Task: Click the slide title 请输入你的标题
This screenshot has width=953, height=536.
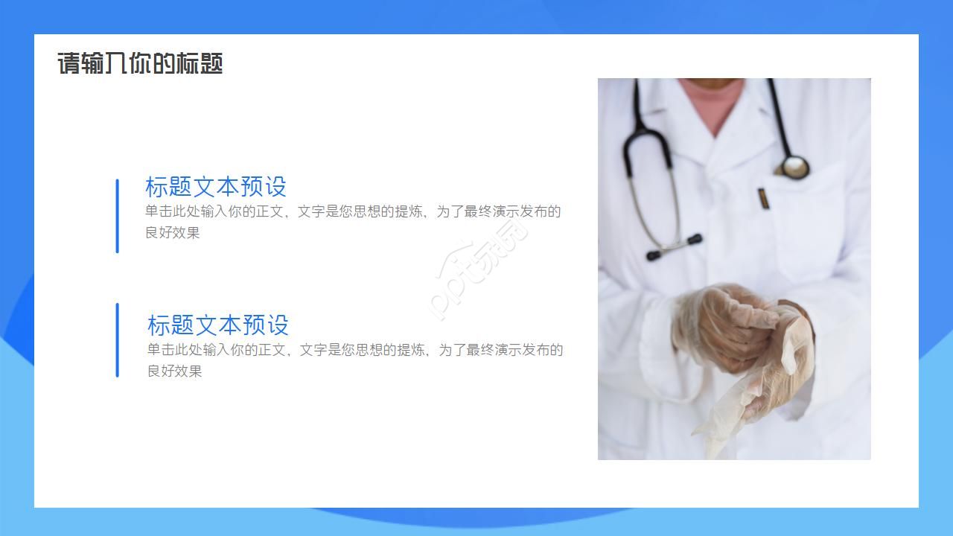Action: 140,63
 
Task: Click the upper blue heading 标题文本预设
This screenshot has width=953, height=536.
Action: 216,186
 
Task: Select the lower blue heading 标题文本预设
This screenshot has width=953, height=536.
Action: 218,325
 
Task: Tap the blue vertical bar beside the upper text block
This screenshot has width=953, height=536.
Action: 117,216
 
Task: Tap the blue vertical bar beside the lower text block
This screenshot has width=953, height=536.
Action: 117,340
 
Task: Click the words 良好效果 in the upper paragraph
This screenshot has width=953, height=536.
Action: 173,232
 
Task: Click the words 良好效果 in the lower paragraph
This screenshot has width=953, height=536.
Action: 174,371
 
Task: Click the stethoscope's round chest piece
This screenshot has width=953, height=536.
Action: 794,167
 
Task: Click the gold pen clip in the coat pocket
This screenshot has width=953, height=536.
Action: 762,199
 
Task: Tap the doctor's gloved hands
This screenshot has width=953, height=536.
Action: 726,328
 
